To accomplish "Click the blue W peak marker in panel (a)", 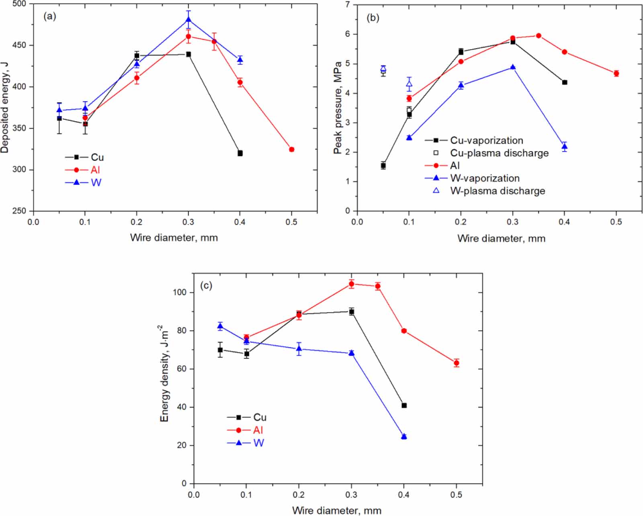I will [x=188, y=19].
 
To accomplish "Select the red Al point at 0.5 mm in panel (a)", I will [x=292, y=149].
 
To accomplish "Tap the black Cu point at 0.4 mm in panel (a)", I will [x=240, y=153].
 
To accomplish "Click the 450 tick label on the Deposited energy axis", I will [x=19, y=45].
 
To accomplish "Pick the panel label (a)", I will [x=50, y=16].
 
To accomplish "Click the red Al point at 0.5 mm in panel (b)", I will [x=616, y=74].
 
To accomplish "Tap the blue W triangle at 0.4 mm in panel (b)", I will [x=565, y=147].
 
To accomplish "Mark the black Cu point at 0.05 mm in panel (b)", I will [x=383, y=166].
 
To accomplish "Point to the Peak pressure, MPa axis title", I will [x=338, y=108].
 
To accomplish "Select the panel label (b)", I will [x=373, y=18].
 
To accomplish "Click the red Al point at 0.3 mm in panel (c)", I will [x=352, y=284].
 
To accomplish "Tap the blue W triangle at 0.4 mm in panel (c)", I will [x=404, y=436].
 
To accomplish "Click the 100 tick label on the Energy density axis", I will [x=180, y=292].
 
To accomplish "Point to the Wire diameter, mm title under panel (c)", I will [x=337, y=510].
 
